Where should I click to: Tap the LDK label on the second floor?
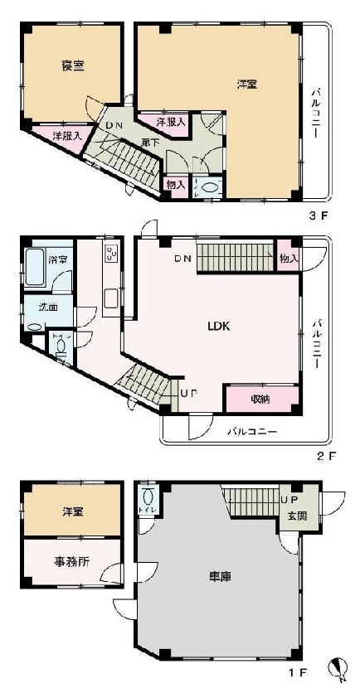pyautogui.click(x=218, y=326)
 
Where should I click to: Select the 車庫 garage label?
pyautogui.click(x=219, y=574)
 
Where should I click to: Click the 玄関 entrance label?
pyautogui.click(x=294, y=516)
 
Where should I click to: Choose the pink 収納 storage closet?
pyautogui.click(x=260, y=399)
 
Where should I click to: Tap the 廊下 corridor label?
pyautogui.click(x=150, y=142)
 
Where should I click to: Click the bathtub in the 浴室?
pyautogui.click(x=36, y=268)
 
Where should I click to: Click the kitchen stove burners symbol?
pyautogui.click(x=109, y=254)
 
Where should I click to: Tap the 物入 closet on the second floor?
pyautogui.click(x=289, y=259)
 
